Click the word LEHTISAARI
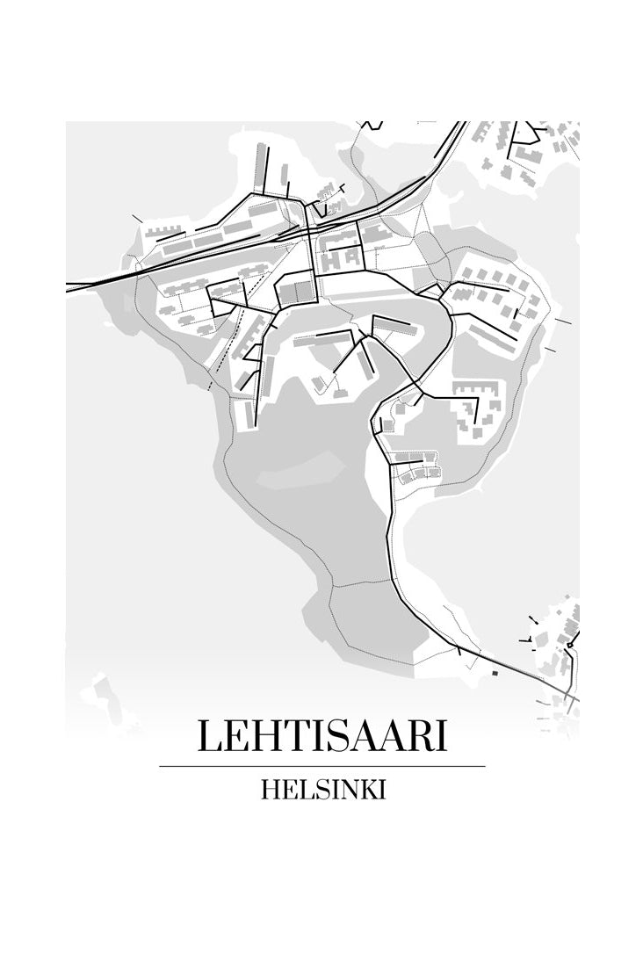click(321, 736)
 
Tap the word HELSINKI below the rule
click(323, 789)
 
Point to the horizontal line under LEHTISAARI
click(321, 766)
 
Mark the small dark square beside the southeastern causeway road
click(494, 673)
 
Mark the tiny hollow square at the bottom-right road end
click(570, 647)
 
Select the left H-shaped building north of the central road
click(331, 259)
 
